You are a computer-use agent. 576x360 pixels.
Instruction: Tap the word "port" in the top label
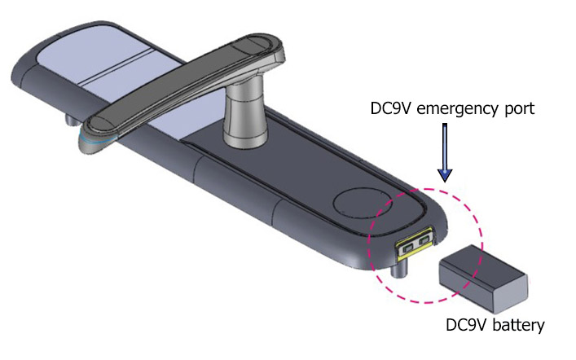515,108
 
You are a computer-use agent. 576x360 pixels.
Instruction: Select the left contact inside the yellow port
407,244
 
